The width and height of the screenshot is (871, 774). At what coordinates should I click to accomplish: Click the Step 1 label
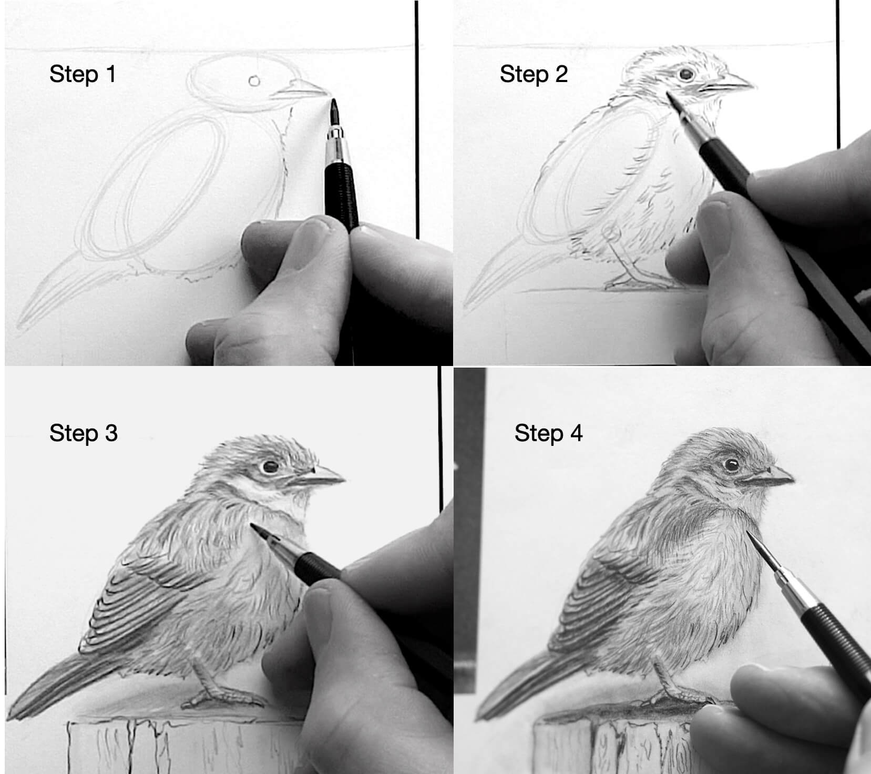[83, 74]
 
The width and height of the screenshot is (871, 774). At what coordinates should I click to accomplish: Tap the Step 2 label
[534, 74]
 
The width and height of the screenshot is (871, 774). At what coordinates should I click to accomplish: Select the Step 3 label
[84, 433]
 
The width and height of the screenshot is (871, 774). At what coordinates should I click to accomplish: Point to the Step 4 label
[549, 433]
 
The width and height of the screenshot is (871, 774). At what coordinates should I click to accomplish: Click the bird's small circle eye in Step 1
[254, 80]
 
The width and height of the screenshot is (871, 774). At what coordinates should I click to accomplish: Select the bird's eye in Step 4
[731, 465]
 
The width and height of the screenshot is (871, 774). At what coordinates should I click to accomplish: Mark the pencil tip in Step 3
[252, 525]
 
